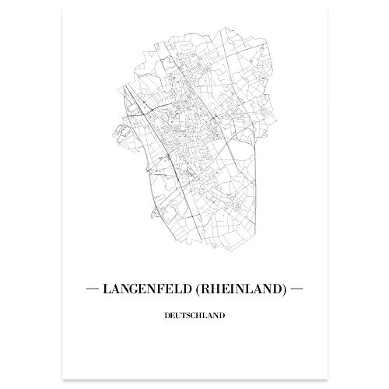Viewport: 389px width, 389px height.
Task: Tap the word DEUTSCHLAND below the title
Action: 195,317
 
